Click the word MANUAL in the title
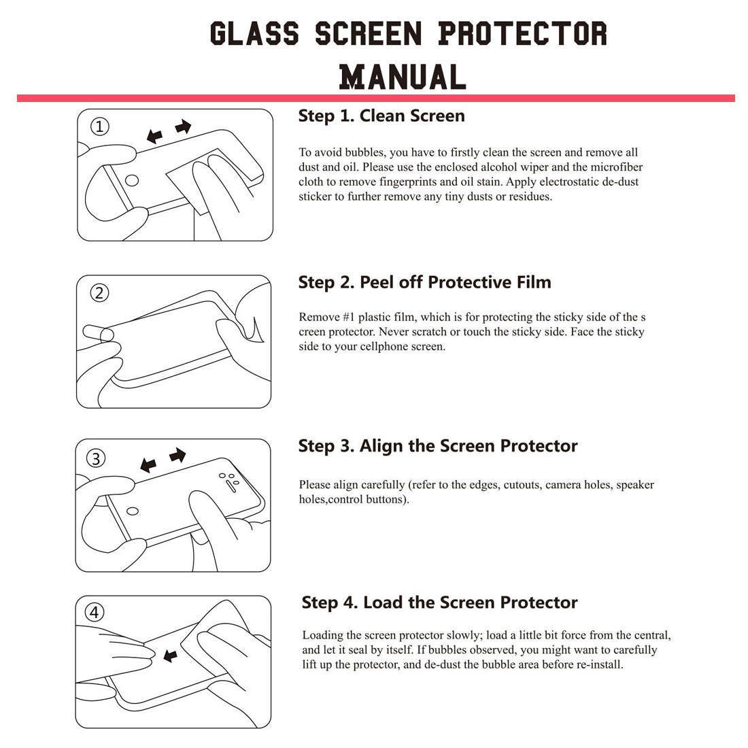[403, 76]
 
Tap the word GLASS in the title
[254, 33]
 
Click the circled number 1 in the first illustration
[100, 126]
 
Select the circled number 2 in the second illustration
[100, 293]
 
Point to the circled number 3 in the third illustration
[97, 458]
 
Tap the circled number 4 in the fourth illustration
[95, 613]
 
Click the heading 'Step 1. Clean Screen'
[381, 116]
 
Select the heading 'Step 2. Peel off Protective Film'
[424, 282]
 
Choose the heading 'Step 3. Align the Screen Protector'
[438, 446]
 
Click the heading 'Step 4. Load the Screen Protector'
[439, 602]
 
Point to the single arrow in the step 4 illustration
[170, 656]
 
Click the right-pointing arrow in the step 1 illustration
[183, 126]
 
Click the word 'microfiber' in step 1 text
[616, 167]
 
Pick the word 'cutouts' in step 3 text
[521, 485]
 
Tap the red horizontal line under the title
[375, 99]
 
